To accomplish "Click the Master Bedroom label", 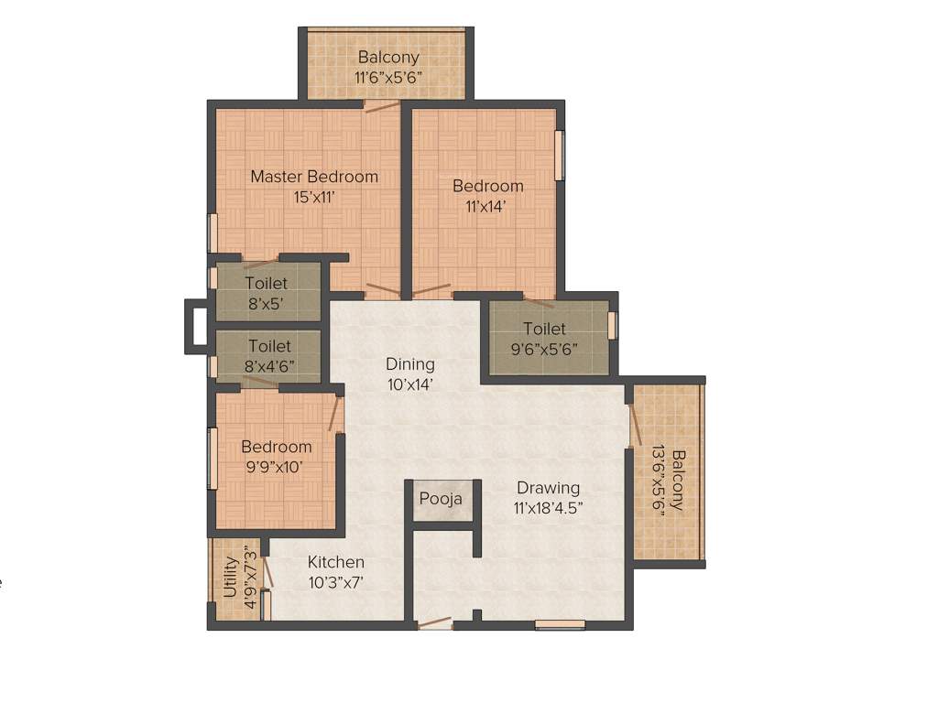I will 314,177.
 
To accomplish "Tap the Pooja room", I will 441,499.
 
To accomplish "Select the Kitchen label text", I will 335,562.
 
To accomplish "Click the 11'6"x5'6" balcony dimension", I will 389,77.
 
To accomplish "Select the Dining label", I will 409,364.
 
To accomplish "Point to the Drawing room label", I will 548,487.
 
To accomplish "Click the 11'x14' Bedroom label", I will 488,186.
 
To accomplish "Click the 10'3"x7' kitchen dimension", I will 335,581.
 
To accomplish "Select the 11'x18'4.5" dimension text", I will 548,506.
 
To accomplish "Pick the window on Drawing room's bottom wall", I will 560,625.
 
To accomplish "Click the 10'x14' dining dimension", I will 409,384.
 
